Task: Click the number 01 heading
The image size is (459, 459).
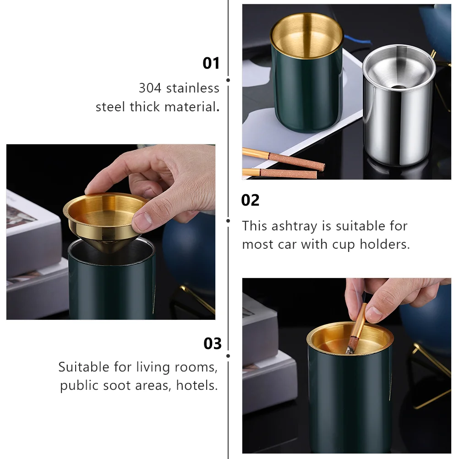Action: (211, 63)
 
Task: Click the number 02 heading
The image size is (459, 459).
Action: (250, 200)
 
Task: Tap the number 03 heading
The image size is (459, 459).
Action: (213, 344)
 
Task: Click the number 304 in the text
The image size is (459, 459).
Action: (150, 88)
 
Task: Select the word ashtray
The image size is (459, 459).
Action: (298, 226)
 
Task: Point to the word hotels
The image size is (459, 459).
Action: (197, 385)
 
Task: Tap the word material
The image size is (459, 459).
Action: (192, 107)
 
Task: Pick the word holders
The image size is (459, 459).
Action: (385, 244)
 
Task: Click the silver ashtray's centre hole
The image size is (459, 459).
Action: (399, 87)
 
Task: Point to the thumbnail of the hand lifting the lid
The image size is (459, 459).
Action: (111, 232)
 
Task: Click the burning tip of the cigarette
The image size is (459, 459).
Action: (350, 350)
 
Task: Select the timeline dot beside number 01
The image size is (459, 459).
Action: (228, 80)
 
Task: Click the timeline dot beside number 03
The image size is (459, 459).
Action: (228, 356)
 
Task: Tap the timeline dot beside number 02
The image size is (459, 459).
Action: (228, 221)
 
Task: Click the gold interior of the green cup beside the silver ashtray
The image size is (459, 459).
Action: (306, 37)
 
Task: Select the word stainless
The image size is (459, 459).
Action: (192, 88)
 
